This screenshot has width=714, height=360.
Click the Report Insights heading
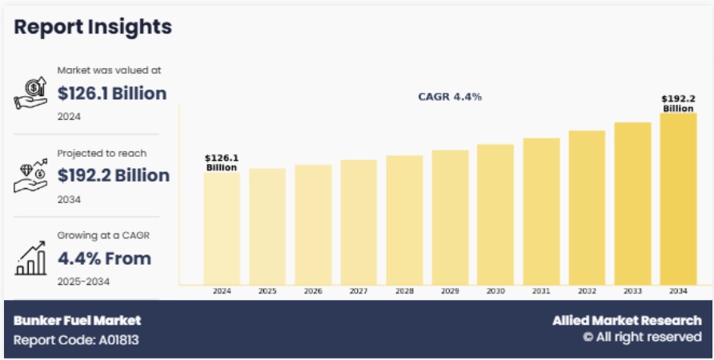(x=93, y=26)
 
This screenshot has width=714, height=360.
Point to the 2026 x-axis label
(x=313, y=291)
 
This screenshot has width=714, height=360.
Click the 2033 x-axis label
(x=632, y=291)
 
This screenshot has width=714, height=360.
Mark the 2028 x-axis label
(x=404, y=291)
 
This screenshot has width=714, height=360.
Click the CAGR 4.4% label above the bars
(x=450, y=97)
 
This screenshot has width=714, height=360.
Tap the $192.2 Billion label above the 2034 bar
(x=678, y=103)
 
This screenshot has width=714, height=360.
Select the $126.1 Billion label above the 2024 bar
(x=222, y=162)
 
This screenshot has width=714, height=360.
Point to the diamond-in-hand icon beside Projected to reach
(x=30, y=175)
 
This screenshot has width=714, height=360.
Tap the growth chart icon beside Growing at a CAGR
(x=30, y=258)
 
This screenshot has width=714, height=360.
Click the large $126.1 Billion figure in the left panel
(x=112, y=94)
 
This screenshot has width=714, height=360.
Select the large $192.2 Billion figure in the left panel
(x=114, y=175)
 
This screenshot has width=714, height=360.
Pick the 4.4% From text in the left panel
(x=104, y=258)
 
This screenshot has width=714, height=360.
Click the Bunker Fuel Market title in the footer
(x=77, y=321)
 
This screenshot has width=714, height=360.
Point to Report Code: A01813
(x=76, y=339)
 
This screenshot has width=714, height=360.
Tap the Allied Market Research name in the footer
(x=627, y=321)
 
